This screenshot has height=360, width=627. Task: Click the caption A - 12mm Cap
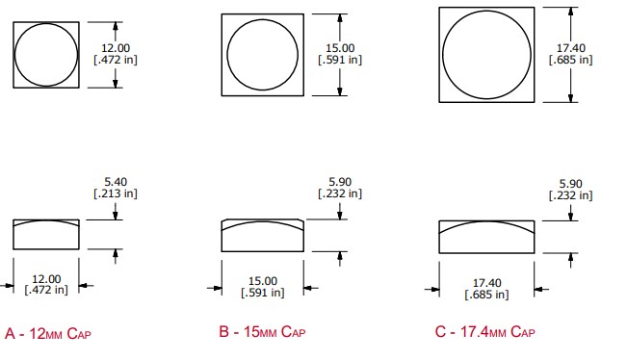pos(48,333)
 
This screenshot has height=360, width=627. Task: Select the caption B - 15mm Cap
pos(262,332)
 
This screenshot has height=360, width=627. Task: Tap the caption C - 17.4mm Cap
pos(485,332)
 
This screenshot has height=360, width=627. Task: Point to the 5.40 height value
pos(116,182)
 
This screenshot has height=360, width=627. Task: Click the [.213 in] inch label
pos(116,193)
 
